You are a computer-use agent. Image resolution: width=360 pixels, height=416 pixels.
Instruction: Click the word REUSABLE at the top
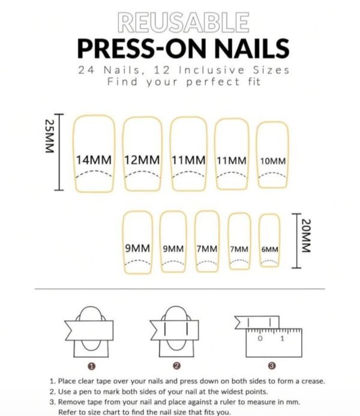click(184, 22)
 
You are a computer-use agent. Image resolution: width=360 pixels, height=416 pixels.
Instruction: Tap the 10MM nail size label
click(273, 161)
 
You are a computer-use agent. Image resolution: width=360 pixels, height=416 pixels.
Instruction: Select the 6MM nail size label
click(269, 249)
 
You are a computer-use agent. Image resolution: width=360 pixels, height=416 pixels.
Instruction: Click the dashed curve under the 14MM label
click(94, 174)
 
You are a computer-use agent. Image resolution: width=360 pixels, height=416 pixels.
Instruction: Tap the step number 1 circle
click(91, 365)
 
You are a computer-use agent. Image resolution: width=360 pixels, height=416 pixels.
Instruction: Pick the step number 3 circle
click(271, 365)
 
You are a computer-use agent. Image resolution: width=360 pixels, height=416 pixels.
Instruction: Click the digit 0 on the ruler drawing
click(260, 339)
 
